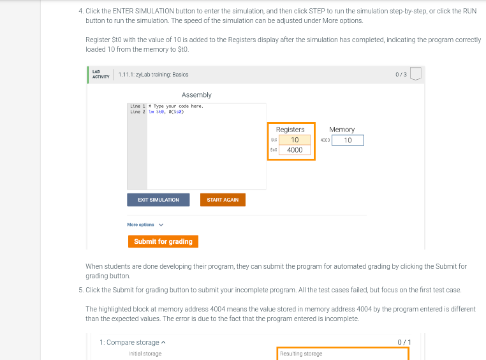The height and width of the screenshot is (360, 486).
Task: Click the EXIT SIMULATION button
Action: pyautogui.click(x=158, y=200)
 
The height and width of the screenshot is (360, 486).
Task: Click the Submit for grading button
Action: pyautogui.click(x=163, y=241)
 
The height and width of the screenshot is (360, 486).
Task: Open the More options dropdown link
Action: pyautogui.click(x=145, y=225)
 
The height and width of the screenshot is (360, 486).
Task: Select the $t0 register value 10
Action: pyautogui.click(x=294, y=140)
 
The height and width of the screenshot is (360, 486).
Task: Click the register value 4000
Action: pyautogui.click(x=294, y=150)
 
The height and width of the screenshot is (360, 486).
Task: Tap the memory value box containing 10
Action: pyautogui.click(x=347, y=140)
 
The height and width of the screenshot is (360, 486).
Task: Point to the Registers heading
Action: pyautogui.click(x=290, y=130)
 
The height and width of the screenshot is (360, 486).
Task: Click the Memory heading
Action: pyautogui.click(x=342, y=130)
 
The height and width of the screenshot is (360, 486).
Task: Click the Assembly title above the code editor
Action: pyautogui.click(x=196, y=94)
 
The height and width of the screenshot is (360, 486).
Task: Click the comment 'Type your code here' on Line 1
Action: pyautogui.click(x=178, y=106)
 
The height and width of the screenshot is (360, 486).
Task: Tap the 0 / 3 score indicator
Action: pyautogui.click(x=401, y=75)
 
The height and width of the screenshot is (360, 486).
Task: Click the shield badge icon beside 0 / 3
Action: pyautogui.click(x=416, y=75)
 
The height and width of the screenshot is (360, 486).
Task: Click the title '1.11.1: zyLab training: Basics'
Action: pyautogui.click(x=153, y=75)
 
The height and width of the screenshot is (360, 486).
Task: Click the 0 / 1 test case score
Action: pyautogui.click(x=404, y=343)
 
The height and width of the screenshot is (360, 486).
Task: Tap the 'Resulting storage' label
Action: pyautogui.click(x=301, y=354)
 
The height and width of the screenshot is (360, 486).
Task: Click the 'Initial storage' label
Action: pyautogui.click(x=145, y=354)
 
